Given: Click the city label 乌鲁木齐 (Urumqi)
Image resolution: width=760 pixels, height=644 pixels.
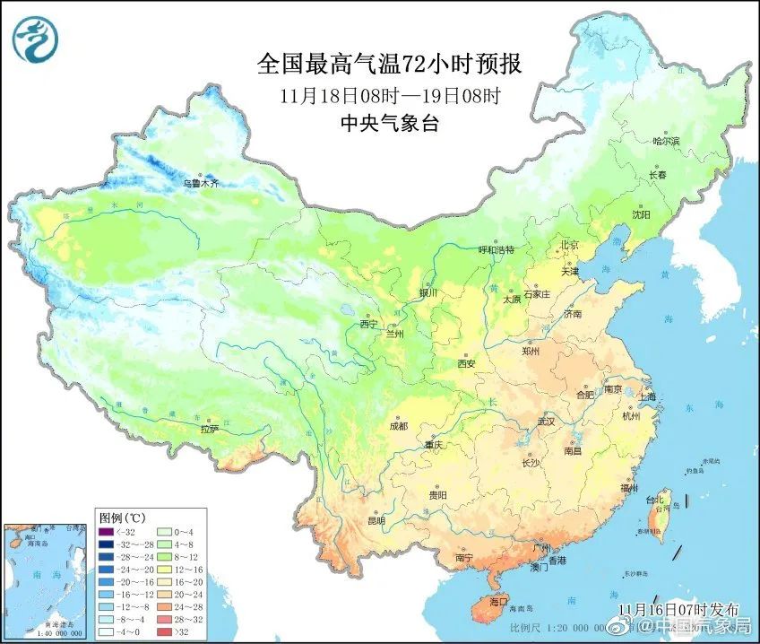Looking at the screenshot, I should point(201,183).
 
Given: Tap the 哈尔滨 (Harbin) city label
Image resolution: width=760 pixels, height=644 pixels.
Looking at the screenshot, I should point(666,141).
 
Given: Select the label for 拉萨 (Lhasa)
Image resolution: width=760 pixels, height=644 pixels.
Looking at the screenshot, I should point(209,429).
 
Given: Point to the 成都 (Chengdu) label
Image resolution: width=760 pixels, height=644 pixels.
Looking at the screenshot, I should point(398,425).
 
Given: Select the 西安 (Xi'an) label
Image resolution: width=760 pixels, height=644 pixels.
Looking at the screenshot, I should point(465,363).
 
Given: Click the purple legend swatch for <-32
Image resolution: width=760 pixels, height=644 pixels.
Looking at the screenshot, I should point(106,533).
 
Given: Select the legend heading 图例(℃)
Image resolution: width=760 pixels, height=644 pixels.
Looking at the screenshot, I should point(123,518).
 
